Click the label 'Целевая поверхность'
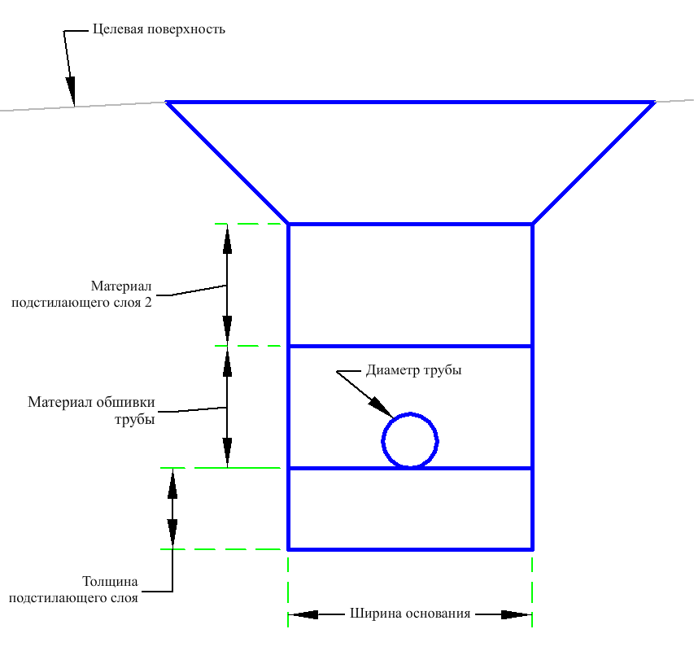point(159,29)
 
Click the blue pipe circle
point(382,441)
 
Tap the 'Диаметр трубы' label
point(414,370)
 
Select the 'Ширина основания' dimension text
point(410,614)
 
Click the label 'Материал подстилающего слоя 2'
point(82,295)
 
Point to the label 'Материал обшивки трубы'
point(92,410)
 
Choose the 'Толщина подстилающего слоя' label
point(73,589)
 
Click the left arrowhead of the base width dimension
point(303,614)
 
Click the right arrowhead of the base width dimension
point(517,614)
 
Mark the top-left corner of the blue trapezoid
point(167,103)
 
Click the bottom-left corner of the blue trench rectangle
point(288,549)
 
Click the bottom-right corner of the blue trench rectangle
point(532,549)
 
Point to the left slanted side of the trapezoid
point(228,164)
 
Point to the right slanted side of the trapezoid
point(594,164)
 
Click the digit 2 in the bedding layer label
point(148,302)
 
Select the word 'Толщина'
point(110,581)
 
